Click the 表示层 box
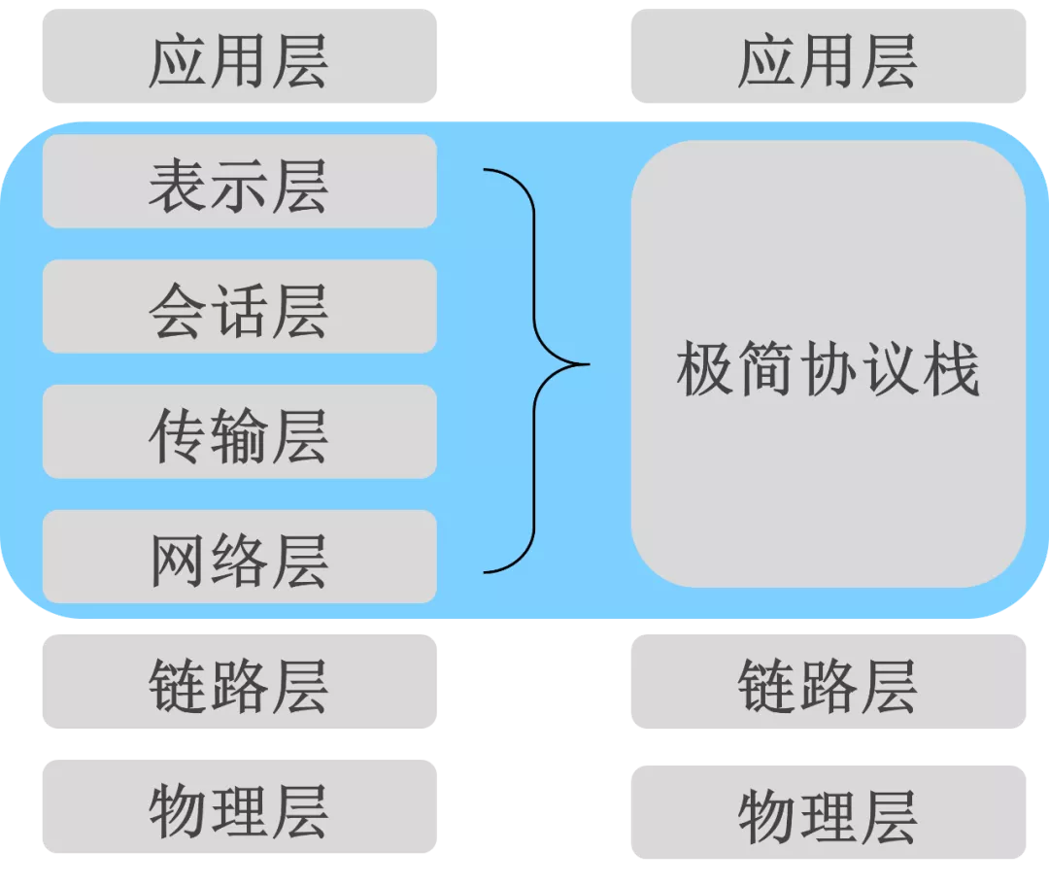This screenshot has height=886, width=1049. [x=239, y=182]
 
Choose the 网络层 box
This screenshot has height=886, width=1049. [x=239, y=557]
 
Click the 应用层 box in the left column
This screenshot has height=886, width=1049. [x=239, y=56]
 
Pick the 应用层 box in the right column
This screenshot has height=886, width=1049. [x=828, y=56]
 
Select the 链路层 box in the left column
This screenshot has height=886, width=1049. [x=239, y=681]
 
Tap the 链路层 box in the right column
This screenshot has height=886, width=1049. [x=828, y=681]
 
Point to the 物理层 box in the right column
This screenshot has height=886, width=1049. [x=828, y=812]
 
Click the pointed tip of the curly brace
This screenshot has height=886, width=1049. [x=587, y=365]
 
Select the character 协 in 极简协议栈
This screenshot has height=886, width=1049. [x=828, y=369]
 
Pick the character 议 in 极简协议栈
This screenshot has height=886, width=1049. [x=889, y=369]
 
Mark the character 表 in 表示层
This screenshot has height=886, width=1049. [x=178, y=184]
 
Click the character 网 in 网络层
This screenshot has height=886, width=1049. [x=178, y=559]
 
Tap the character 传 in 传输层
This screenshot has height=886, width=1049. [x=178, y=433]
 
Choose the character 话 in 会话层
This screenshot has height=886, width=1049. [x=239, y=308]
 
